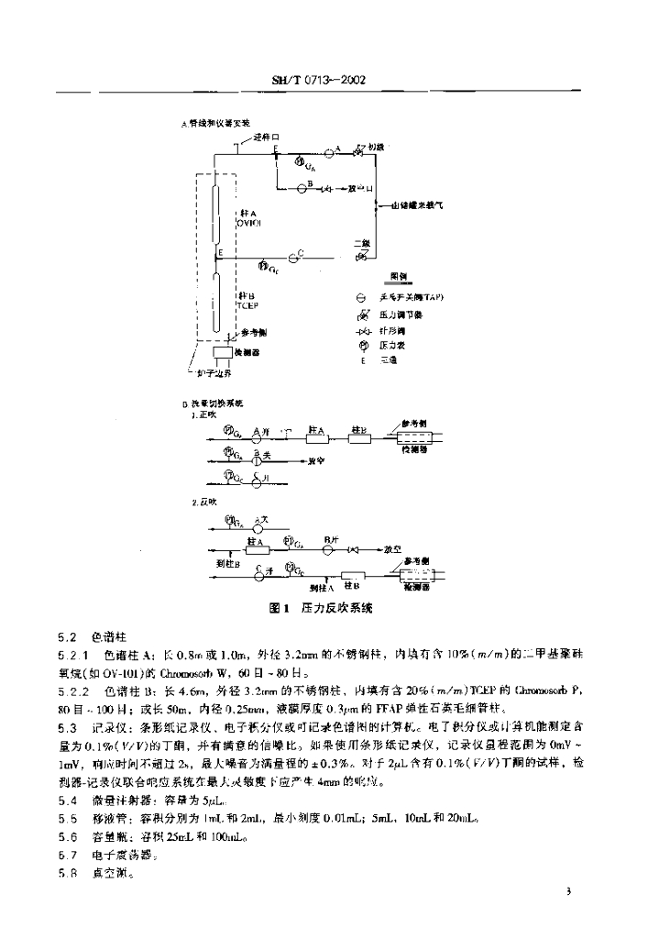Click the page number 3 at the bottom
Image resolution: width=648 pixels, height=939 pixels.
(568, 891)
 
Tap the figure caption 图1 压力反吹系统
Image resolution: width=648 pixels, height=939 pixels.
(325, 607)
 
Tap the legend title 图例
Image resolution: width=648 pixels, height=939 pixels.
(398, 275)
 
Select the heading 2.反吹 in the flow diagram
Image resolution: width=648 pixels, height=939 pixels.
(201, 503)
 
